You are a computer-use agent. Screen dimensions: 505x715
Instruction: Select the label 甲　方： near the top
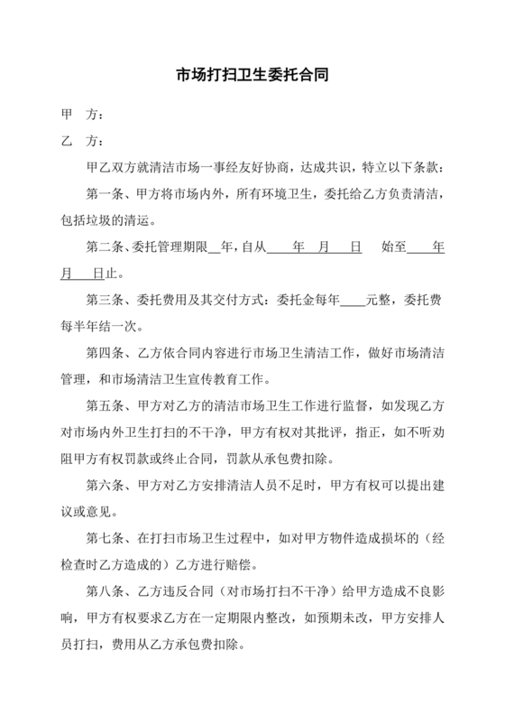81,116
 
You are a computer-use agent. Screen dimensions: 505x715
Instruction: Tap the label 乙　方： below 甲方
81,142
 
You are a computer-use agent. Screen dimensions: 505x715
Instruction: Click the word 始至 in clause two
394,246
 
